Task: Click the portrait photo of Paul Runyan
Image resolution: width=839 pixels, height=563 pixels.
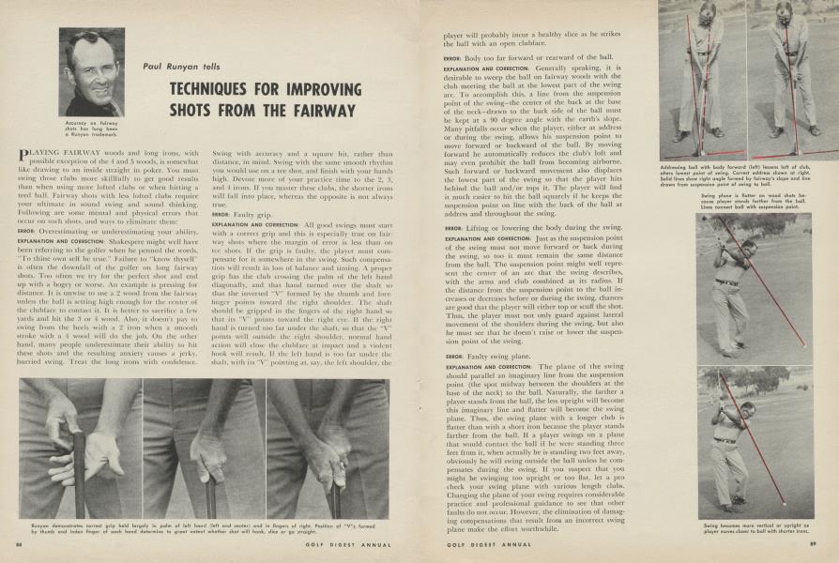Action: [x=92, y=73]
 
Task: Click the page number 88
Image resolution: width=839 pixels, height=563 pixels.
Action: [x=19, y=542]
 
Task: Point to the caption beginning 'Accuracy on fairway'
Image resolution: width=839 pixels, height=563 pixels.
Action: [x=91, y=129]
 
